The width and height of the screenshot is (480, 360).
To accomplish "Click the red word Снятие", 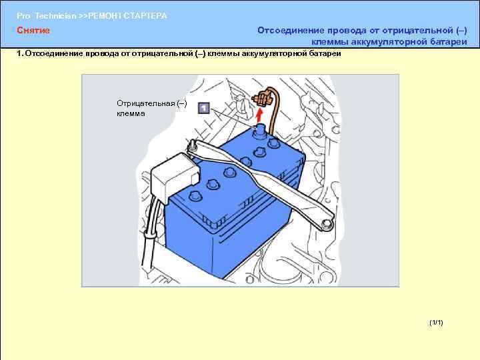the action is click(33, 30).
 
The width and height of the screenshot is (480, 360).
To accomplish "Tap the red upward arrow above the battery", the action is click(259, 116).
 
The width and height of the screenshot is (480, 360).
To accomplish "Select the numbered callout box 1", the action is click(204, 108).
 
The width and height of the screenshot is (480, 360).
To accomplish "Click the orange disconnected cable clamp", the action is click(262, 97).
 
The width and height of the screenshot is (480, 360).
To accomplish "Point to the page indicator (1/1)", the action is click(436, 323).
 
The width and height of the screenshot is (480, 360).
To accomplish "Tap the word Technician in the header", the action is click(55, 16).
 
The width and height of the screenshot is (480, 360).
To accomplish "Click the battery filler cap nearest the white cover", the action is click(196, 195).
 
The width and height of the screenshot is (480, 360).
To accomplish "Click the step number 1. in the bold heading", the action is click(20, 53).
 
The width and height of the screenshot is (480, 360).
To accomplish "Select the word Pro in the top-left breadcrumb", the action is click(23, 16).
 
